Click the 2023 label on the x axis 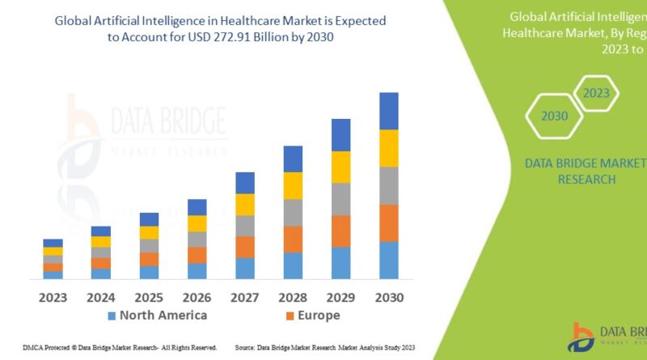(53, 297)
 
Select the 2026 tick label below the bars (197, 297)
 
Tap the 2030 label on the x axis (389, 297)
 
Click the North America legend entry (157, 316)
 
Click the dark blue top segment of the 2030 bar (389, 111)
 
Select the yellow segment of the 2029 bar (340, 167)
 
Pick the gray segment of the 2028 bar (293, 212)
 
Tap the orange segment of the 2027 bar (245, 247)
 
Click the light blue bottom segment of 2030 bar (389, 260)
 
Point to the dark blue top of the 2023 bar (53, 243)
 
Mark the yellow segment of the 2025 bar (149, 232)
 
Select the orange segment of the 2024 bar (101, 263)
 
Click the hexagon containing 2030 (555, 116)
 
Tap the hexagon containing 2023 (596, 93)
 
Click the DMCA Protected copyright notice (110, 348)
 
